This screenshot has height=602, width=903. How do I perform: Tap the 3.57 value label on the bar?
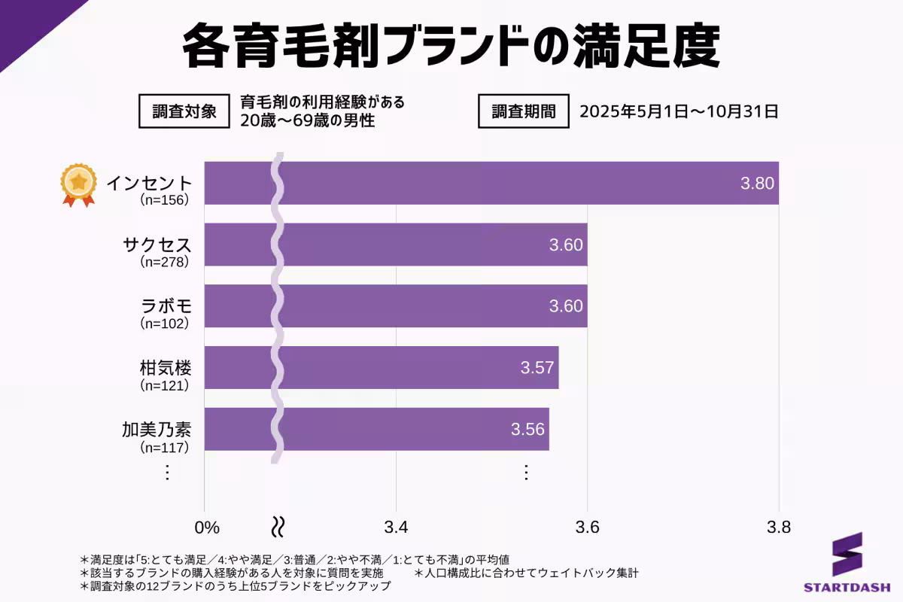coord(537,368)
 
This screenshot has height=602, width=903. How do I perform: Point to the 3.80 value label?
coord(757,183)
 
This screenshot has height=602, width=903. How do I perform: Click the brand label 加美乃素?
coord(157,430)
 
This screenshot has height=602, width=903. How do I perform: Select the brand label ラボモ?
coord(166,307)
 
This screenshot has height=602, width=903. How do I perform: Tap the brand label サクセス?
coord(157,245)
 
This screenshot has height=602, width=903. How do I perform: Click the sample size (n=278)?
coord(164,262)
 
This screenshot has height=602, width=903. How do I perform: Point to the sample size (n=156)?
coord(164,200)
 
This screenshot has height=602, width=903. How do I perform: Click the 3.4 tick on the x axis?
coord(396,527)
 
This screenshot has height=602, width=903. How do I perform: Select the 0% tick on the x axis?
coord(207,527)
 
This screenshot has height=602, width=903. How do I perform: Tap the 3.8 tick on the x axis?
coord(779,527)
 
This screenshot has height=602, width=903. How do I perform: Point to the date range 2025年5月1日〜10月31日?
coord(678,112)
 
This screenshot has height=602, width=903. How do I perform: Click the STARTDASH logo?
coord(847,563)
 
